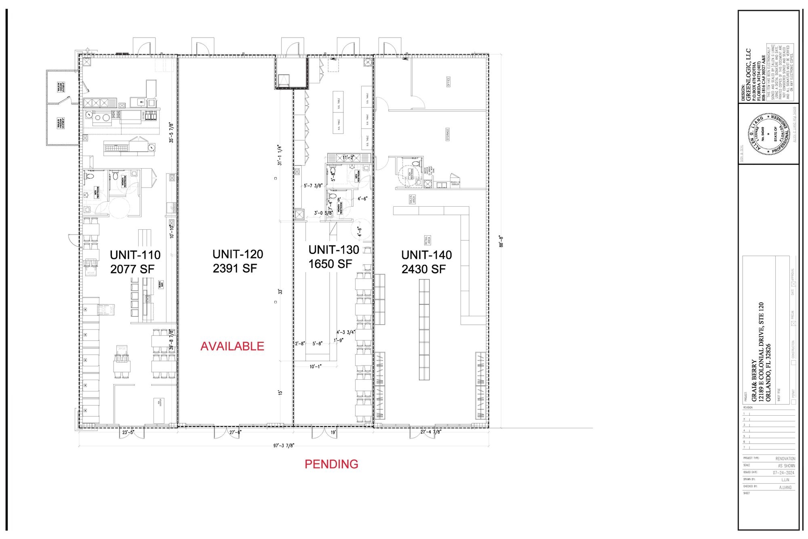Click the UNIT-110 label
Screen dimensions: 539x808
tap(135, 255)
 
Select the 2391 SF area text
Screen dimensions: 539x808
tap(235, 268)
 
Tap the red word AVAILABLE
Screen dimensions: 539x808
tap(232, 346)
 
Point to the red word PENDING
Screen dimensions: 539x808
tap(331, 464)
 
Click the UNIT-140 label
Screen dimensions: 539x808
tap(426, 255)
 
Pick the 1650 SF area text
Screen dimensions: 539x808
tap(330, 264)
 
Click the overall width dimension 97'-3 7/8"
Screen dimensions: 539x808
tap(284, 446)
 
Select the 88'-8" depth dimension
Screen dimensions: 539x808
tap(501, 241)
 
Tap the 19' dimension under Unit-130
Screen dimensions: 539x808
tap(333, 432)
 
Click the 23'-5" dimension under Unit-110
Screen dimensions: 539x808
tap(128, 432)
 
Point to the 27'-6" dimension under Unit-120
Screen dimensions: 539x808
tap(235, 432)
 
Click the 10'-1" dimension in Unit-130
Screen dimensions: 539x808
tap(315, 366)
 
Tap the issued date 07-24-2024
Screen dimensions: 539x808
tap(783, 472)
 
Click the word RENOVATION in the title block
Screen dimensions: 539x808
tap(785, 459)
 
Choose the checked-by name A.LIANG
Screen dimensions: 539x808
tap(785, 487)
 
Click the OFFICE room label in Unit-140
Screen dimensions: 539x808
tap(448, 81)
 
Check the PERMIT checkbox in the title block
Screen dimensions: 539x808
tap(793, 402)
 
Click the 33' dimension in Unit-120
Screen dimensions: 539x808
tap(280, 292)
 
